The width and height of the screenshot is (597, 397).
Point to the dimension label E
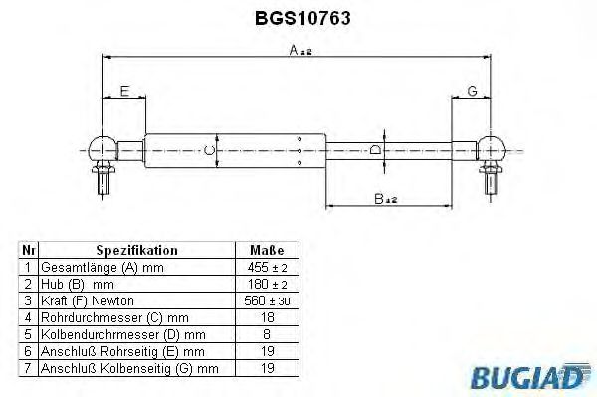123,92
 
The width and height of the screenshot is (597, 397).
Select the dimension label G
471,92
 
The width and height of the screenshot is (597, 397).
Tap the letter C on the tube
208,150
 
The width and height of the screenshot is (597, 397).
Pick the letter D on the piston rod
374,150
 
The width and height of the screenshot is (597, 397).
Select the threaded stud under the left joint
102,181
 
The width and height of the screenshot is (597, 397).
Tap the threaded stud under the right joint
490,181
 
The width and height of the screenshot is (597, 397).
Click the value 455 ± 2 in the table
266,269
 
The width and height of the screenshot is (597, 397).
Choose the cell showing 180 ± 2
266,285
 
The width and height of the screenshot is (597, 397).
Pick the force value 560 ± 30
266,300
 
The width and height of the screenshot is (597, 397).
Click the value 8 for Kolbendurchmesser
266,333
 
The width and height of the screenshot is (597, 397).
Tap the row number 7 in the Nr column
29,369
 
